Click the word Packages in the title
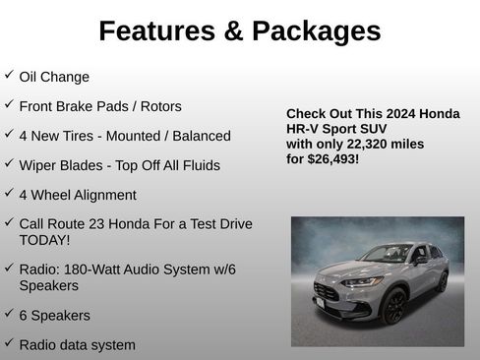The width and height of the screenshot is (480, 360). coord(316,31)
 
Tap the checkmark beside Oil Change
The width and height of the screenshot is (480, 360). coord(9,75)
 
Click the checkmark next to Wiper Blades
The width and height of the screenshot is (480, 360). coord(9,163)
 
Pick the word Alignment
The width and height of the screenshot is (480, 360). coord(100,195)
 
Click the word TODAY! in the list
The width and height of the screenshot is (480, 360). coord(44,239)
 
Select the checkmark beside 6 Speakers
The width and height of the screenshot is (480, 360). coord(9,314)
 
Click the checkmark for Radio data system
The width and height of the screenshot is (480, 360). coord(9,343)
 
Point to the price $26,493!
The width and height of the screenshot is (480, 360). coord(333,158)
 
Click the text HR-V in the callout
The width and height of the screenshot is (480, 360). coord(301,129)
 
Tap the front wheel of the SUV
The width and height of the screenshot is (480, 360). coord(394,305)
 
